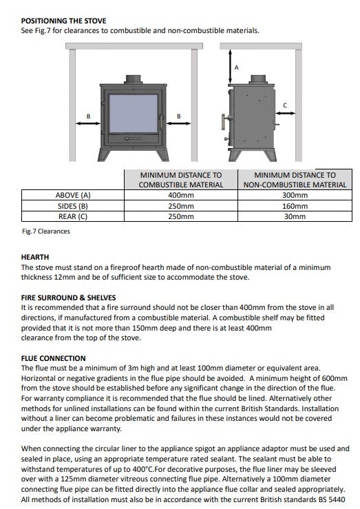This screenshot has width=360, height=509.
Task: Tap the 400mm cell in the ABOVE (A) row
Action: pyautogui.click(x=180, y=196)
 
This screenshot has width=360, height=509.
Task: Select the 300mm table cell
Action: pyautogui.click(x=295, y=196)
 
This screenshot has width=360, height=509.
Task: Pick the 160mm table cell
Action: pyautogui.click(x=295, y=206)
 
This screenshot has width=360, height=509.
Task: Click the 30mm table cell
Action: pyautogui.click(x=295, y=216)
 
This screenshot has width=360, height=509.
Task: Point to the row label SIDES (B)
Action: pyautogui.click(x=72, y=206)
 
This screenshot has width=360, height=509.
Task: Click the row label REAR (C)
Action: pyautogui.click(x=72, y=216)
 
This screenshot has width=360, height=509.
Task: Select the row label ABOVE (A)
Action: pyautogui.click(x=72, y=196)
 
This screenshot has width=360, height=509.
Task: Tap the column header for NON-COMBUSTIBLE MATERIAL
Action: pyautogui.click(x=295, y=180)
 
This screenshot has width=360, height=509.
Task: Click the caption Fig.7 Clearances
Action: pyautogui.click(x=45, y=231)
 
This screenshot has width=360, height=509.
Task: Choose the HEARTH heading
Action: pyautogui.click(x=35, y=257)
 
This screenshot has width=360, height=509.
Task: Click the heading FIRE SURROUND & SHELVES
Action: pyautogui.click(x=63, y=298)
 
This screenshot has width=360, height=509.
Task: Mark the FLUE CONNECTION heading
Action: pyautogui.click(x=53, y=358)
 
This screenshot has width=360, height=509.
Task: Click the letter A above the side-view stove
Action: pyautogui.click(x=236, y=67)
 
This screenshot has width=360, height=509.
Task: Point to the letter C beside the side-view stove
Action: pyautogui.click(x=285, y=104)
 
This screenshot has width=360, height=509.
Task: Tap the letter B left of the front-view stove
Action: pyautogui.click(x=87, y=116)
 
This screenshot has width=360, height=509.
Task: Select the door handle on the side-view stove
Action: pyautogui.click(x=223, y=123)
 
